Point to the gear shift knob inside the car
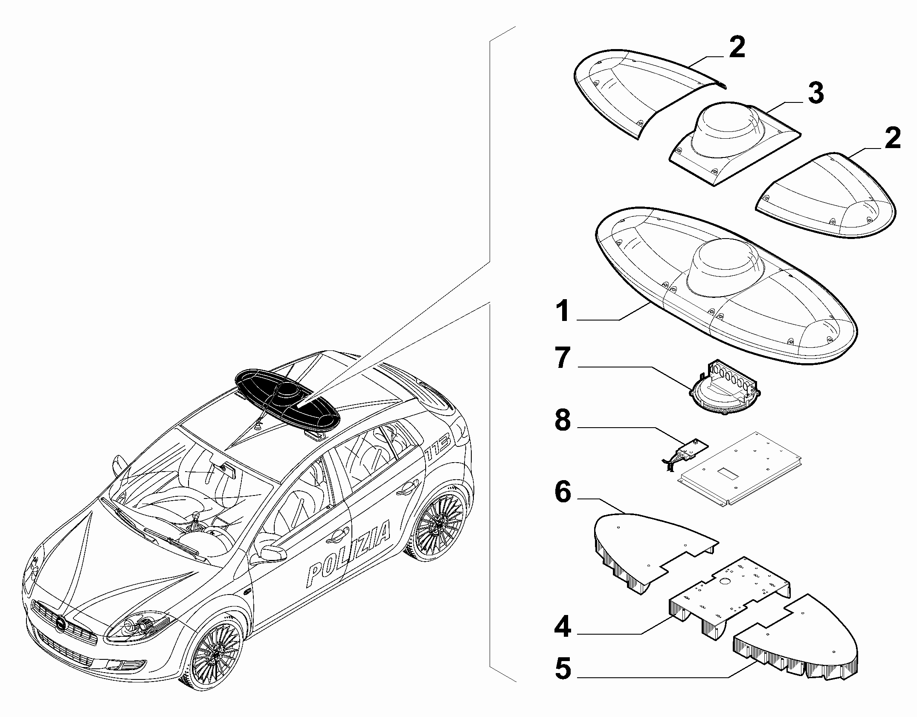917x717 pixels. [197, 517]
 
